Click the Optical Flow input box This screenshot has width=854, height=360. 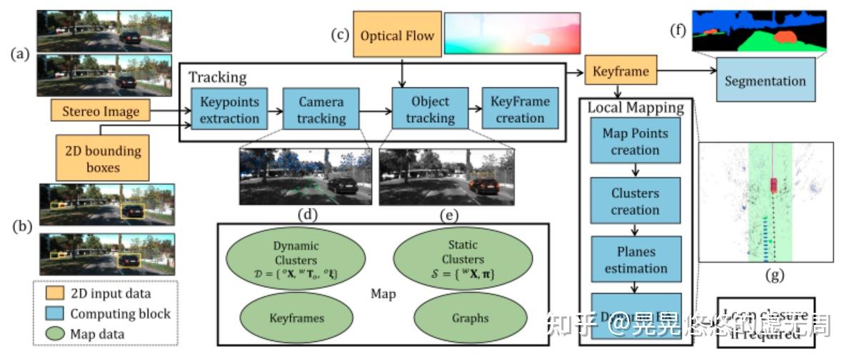(396, 36)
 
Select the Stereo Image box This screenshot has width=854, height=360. (100, 111)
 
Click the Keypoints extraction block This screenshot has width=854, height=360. (229, 109)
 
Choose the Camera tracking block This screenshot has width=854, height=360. (321, 109)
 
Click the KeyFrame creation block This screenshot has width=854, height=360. (520, 109)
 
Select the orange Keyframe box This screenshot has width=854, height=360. (621, 71)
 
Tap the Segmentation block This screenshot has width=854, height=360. (765, 81)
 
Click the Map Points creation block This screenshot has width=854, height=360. (636, 141)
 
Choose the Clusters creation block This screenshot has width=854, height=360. (636, 201)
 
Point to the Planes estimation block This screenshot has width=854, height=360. (636, 261)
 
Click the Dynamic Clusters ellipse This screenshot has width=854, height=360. (295, 259)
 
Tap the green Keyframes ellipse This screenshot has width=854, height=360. (295, 317)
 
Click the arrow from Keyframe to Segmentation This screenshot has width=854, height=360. (685, 71)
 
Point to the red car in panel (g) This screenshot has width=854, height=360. (774, 184)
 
